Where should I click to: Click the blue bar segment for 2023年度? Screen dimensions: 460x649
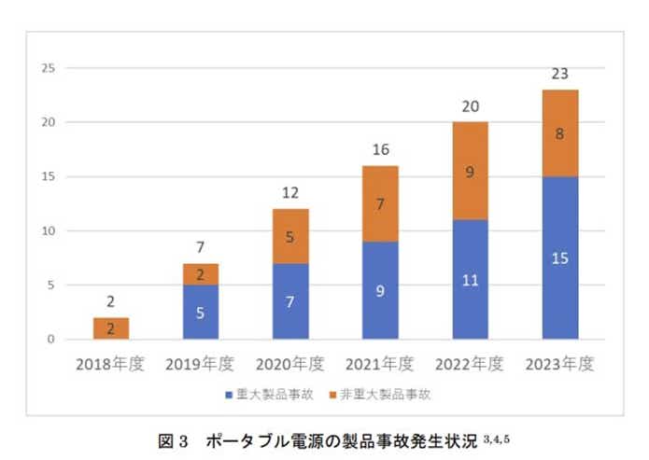point(560,257)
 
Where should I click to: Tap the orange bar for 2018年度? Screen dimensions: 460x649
point(111,328)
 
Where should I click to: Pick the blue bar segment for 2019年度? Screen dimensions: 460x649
point(202,312)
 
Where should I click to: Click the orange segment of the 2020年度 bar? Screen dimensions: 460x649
point(290,236)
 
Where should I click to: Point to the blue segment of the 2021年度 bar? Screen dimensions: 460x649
point(380,290)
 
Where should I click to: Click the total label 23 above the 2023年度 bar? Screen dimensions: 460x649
point(560,72)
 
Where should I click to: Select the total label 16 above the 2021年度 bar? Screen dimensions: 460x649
point(380,148)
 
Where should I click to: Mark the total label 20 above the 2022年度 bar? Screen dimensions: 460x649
point(471,105)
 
